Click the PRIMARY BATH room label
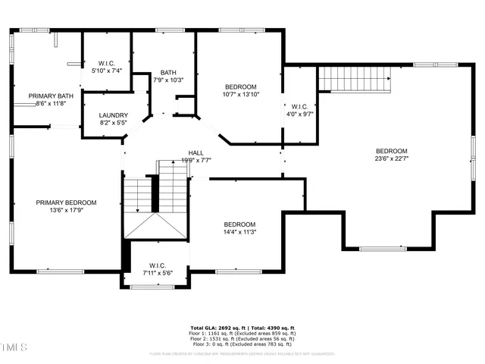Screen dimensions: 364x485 [52, 96]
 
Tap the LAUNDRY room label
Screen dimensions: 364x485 [102, 114]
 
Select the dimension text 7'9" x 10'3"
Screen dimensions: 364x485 [168, 80]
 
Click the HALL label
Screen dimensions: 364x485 [196, 152]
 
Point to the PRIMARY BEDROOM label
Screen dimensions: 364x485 [67, 202]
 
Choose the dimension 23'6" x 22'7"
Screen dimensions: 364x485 [392, 158]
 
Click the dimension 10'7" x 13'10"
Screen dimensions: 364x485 [240, 95]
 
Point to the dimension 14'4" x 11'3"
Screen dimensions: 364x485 [239, 233]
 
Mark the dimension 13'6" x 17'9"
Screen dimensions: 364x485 [67, 211]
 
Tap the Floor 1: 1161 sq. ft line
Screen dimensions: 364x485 [242, 334]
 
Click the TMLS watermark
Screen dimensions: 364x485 [14, 348]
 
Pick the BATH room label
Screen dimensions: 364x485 [168, 72]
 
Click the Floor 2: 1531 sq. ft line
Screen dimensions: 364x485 [242, 339]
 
